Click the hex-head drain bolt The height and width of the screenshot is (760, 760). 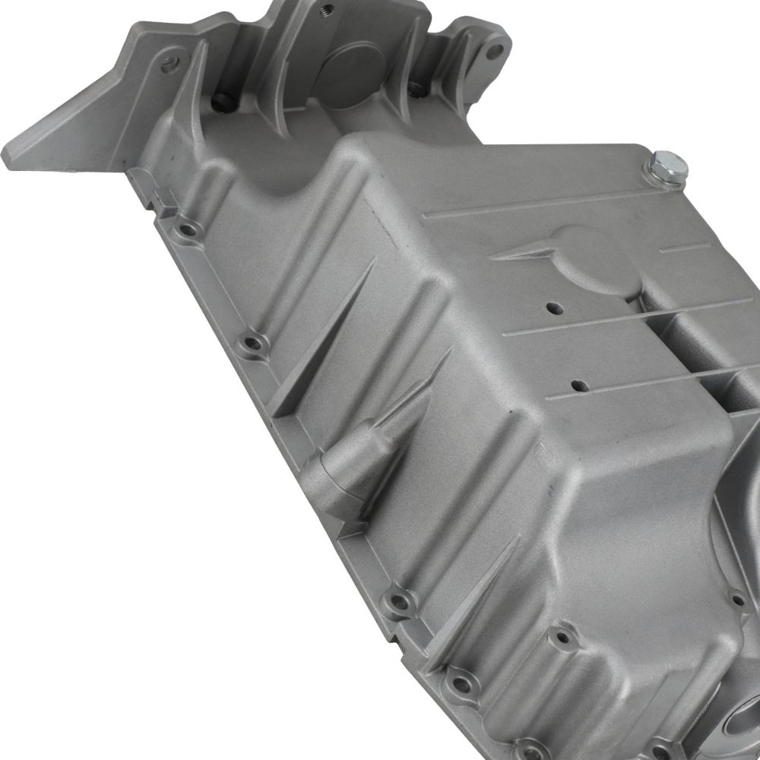pyautogui.click(x=665, y=168)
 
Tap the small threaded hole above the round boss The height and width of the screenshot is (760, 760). pyautogui.click(x=327, y=9)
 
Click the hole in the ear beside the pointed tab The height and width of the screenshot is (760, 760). pyautogui.click(x=169, y=65)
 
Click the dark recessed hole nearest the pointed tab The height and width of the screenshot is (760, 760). pyautogui.click(x=221, y=102)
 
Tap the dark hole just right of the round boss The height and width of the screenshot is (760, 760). pyautogui.click(x=416, y=89)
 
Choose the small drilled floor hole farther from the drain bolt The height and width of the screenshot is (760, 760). pyautogui.click(x=580, y=386)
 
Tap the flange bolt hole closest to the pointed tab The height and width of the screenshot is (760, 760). pyautogui.click(x=185, y=227)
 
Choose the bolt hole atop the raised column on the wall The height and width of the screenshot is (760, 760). pyautogui.click(x=563, y=632)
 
